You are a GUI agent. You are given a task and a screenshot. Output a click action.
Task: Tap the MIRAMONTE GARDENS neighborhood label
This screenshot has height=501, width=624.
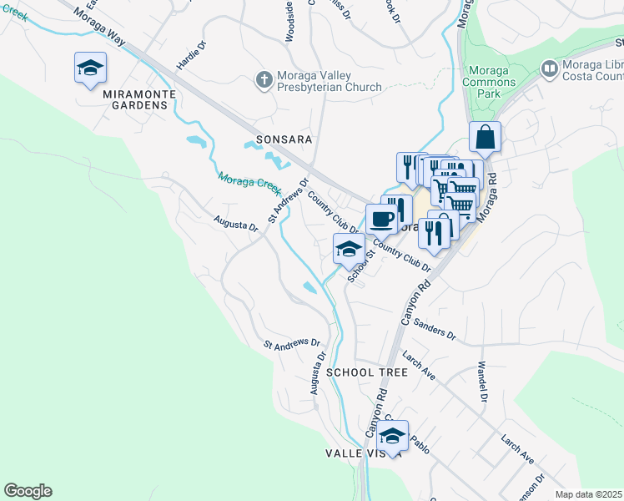(139, 94)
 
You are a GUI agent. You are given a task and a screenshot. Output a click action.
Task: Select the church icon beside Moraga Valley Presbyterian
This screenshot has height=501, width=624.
(264, 80)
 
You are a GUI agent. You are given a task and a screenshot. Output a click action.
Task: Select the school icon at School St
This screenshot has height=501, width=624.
(348, 249)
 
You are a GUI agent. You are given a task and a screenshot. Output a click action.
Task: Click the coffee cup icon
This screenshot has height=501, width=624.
(381, 219)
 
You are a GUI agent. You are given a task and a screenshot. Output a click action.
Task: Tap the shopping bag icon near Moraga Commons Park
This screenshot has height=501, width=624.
(485, 137)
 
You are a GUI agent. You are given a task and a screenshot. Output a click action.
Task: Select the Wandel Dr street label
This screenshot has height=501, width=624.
(481, 381)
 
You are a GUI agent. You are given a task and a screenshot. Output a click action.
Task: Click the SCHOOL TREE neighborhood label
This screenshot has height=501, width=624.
(367, 372)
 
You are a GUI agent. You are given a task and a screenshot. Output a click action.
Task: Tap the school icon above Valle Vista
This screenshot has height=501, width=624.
(391, 435)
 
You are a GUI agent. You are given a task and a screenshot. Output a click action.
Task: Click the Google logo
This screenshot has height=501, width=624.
(28, 491)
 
